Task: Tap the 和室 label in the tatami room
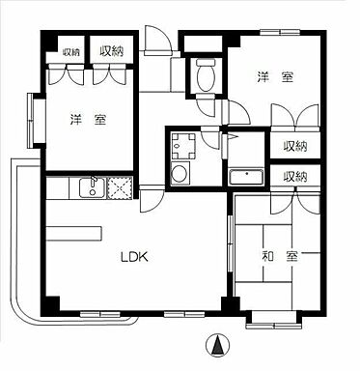click(280, 257)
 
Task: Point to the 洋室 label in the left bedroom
click(88, 120)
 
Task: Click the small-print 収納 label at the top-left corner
click(71, 52)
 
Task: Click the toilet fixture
click(204, 75)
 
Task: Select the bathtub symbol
click(247, 179)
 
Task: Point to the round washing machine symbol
click(179, 175)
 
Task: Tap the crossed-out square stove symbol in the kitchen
click(122, 187)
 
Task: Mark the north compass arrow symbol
click(218, 344)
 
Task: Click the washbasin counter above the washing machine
click(180, 147)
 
